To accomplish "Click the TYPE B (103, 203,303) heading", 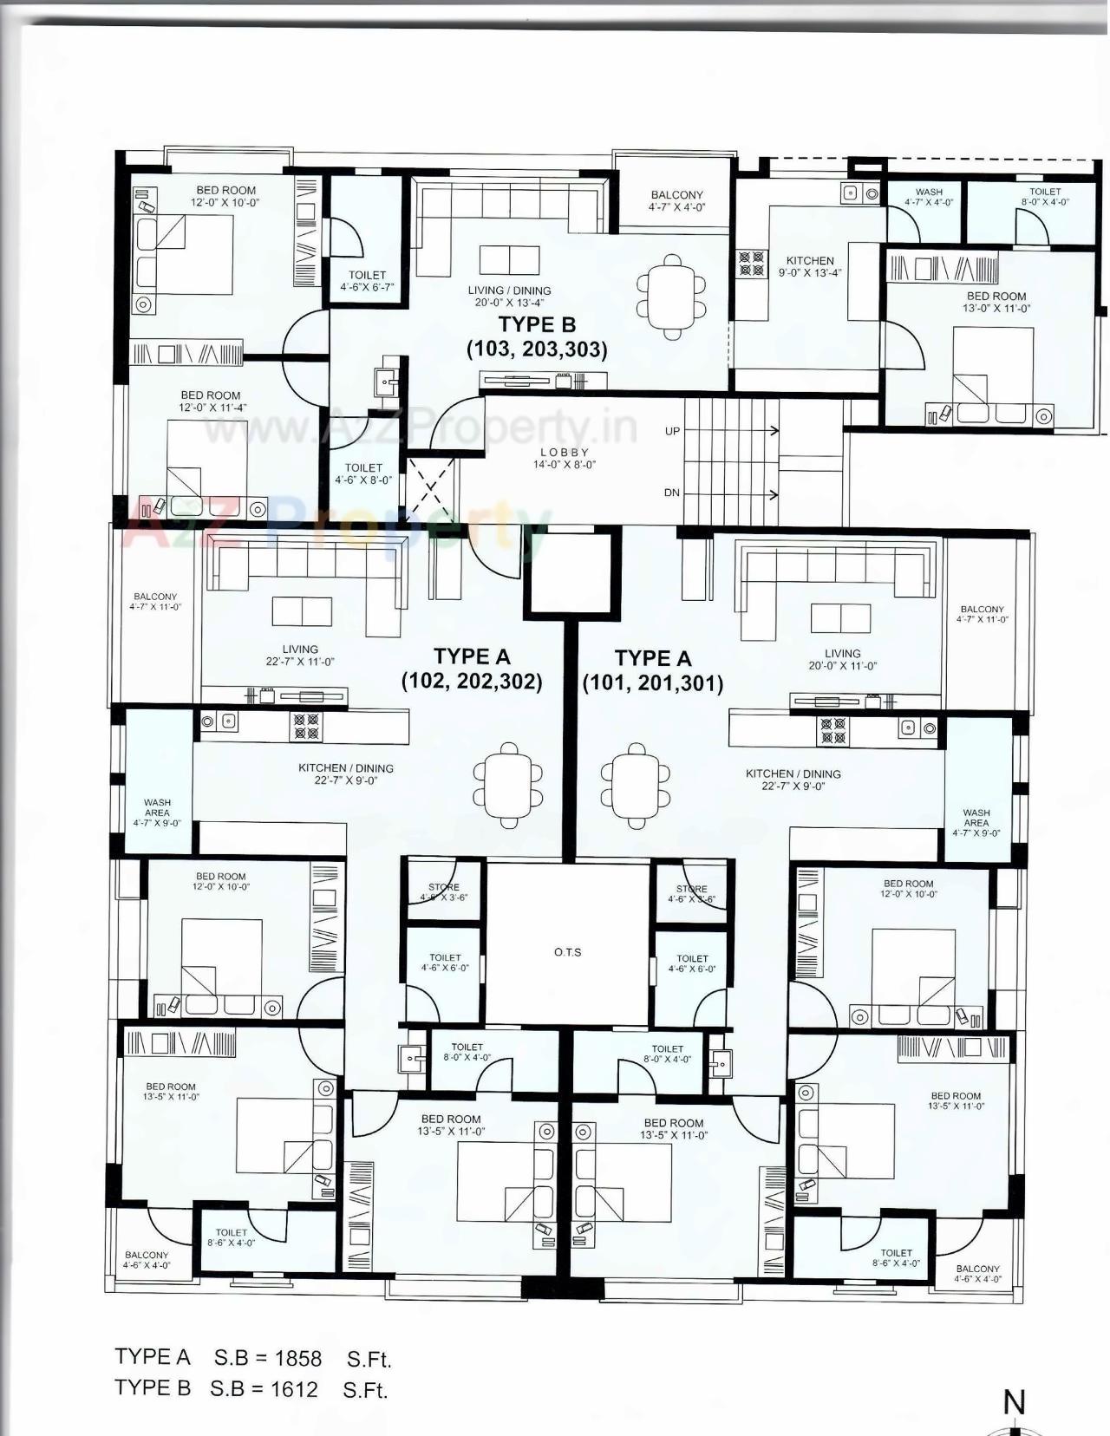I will [537, 336].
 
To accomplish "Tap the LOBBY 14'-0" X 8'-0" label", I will [565, 459].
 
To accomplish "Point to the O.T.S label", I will [568, 952].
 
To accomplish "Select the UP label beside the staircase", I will [672, 431].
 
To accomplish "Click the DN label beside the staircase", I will [672, 493].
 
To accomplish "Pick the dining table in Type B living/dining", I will [672, 297].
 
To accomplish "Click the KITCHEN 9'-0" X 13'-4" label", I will [810, 266].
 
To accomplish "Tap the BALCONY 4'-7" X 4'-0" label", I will [676, 201].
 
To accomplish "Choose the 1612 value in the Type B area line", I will [293, 1389].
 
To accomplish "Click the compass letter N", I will [1014, 1402].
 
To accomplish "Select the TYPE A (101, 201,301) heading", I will [652, 670].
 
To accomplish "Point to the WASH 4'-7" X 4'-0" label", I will [929, 197].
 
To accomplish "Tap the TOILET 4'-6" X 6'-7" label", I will [368, 280].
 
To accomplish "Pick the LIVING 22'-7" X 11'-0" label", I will [300, 655].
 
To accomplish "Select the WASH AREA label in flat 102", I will [157, 813].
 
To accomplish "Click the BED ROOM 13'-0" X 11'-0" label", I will [996, 302].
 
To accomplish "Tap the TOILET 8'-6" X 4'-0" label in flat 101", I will [896, 1257].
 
